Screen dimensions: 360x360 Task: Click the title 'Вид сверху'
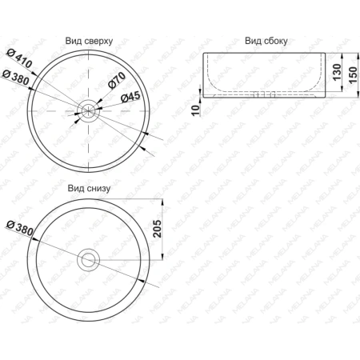click(89, 41)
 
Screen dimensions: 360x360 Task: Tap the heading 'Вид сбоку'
click(266, 41)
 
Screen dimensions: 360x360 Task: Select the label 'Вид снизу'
click(89, 188)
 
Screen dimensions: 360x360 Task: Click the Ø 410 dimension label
click(19, 58)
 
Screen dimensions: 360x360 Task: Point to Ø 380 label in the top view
click(15, 78)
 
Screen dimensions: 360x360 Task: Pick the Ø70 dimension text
click(117, 80)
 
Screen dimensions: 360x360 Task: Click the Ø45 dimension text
click(130, 97)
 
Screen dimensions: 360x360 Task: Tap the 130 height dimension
click(337, 72)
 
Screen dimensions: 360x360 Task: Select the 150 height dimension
click(353, 75)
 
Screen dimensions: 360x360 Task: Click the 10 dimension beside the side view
click(195, 110)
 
